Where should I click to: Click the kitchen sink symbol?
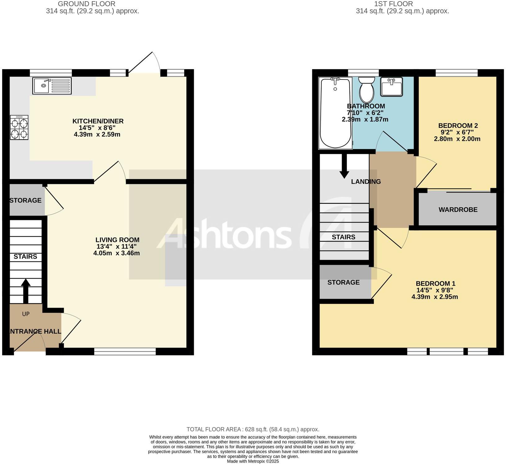point(52,86)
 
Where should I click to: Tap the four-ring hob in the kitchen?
point(19,127)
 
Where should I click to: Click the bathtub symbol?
point(335,113)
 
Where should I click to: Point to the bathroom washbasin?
point(392,87)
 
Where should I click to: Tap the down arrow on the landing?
point(344,166)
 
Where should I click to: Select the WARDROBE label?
point(458,210)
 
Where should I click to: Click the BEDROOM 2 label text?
point(458,126)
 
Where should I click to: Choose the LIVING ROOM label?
point(117,240)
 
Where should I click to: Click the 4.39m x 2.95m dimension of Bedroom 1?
point(434,297)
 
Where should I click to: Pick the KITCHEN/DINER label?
point(98,121)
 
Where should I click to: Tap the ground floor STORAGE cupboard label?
point(25,200)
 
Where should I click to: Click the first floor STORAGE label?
point(344,282)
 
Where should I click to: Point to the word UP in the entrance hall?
point(26,314)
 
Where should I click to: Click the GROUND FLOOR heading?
point(87,4)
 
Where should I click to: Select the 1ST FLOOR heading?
point(393,4)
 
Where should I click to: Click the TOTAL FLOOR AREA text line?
point(253,429)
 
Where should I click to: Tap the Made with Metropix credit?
point(253,461)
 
